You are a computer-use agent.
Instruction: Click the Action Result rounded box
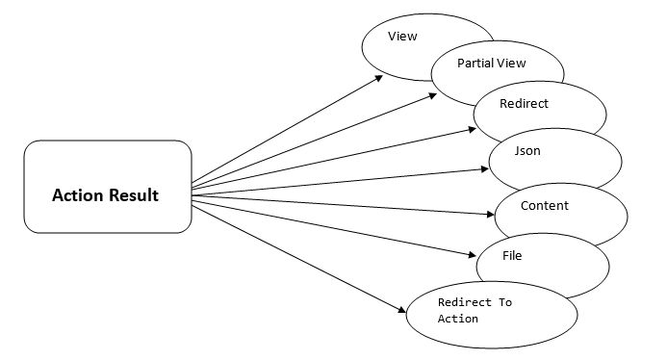pyautogui.click(x=107, y=187)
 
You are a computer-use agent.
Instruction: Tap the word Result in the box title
pyautogui.click(x=133, y=196)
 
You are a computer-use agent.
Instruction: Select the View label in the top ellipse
pyautogui.click(x=401, y=37)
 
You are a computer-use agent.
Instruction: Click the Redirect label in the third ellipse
pyautogui.click(x=525, y=102)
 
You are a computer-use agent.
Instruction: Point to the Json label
pyautogui.click(x=527, y=151)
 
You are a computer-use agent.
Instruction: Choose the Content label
pyautogui.click(x=544, y=205)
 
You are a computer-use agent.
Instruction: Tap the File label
pyautogui.click(x=512, y=256)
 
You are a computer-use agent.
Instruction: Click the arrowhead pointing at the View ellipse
pyautogui.click(x=378, y=77)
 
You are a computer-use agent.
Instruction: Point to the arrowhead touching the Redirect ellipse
pyautogui.click(x=471, y=123)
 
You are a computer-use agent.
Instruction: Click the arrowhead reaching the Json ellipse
pyautogui.click(x=485, y=169)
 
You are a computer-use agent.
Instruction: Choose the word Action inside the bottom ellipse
pyautogui.click(x=457, y=319)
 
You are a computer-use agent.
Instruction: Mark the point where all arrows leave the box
pyautogui.click(x=192, y=193)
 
